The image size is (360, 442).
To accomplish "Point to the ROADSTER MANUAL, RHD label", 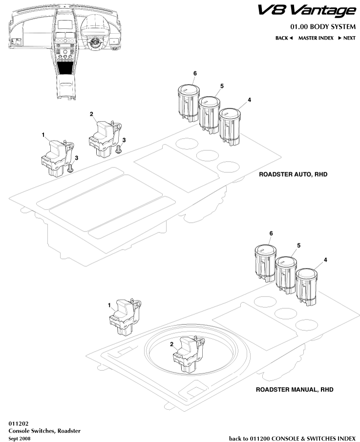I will click(x=292, y=391).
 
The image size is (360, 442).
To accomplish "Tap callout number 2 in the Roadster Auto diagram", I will click(x=91, y=114).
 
